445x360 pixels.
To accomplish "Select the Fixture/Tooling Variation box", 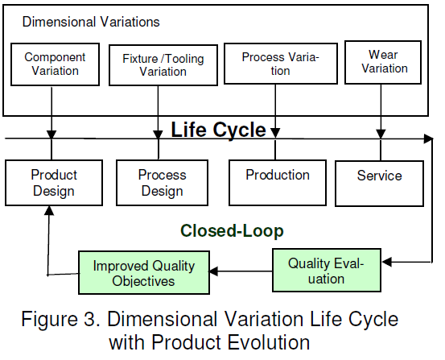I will tap(163, 64).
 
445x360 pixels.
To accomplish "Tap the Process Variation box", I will tap(280, 64).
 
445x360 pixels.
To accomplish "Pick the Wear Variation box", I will tap(383, 61).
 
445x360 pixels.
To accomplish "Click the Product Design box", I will tap(53, 183).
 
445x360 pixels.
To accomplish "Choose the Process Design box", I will tap(162, 183).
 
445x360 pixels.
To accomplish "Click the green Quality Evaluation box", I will tap(326, 271).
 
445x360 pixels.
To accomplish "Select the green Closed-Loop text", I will tap(232, 231).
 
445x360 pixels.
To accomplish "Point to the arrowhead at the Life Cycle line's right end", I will tap(429, 140).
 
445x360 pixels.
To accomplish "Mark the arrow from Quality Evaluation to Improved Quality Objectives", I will tap(241, 271).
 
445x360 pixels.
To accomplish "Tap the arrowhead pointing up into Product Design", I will tap(50, 210).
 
